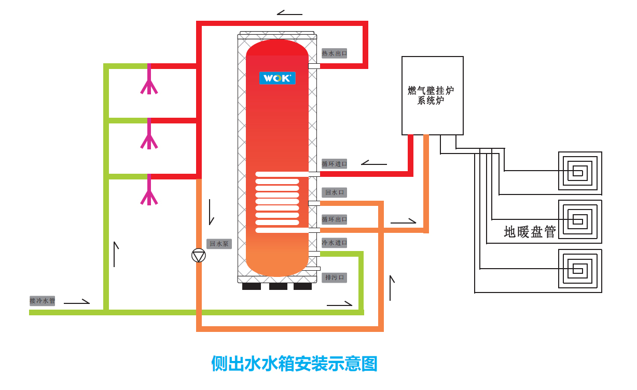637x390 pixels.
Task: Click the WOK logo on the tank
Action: [278, 78]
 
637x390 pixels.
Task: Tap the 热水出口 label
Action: [334, 53]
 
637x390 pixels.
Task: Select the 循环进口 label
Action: [334, 164]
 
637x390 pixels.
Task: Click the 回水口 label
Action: [334, 192]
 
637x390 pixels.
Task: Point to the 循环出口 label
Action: [334, 219]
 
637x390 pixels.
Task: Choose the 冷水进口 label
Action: [334, 243]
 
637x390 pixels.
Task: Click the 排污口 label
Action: [334, 277]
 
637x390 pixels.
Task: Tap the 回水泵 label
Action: [219, 244]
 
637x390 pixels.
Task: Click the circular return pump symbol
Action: [199, 255]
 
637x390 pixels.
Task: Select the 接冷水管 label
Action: [42, 301]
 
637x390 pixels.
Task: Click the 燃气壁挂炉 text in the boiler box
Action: [431, 91]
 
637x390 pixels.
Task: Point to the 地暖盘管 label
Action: [530, 232]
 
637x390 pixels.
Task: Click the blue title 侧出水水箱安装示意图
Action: [294, 363]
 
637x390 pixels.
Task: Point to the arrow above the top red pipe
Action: [289, 13]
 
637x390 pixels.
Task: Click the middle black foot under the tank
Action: [278, 286]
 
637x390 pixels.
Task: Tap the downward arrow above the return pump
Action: [211, 212]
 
